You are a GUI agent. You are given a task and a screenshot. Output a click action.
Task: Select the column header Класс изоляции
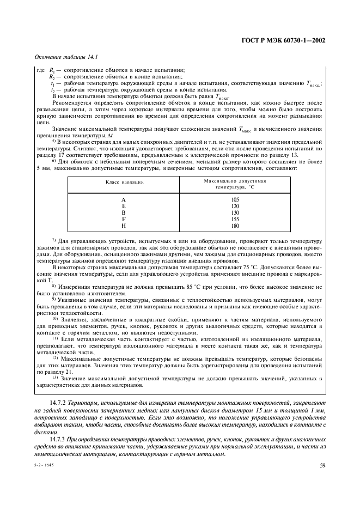pos(124,181)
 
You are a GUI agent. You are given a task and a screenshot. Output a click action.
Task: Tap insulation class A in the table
pos(124,199)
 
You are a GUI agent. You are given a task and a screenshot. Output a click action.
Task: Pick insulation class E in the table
pos(124,206)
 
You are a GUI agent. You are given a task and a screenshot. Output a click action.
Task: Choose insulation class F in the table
pos(124,219)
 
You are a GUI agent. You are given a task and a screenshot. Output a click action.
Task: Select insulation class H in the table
pos(124,226)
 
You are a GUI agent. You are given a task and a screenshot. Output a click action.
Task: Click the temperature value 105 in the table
pos(235,199)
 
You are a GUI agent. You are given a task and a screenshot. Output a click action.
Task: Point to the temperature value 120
pos(235,206)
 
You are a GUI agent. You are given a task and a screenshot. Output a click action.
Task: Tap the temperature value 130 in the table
pos(235,212)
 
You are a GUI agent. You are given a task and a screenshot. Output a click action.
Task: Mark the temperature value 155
pos(235,219)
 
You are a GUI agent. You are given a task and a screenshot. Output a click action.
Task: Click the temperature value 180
pos(235,226)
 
